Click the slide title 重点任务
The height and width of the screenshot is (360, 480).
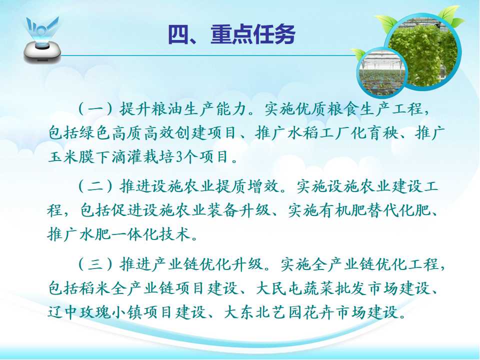tap(253, 34)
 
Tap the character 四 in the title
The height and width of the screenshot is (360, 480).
tap(178, 34)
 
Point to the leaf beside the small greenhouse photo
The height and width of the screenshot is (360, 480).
tap(357, 54)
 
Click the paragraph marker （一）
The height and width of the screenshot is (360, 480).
tap(95, 108)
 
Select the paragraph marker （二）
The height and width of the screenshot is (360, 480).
tap(95, 186)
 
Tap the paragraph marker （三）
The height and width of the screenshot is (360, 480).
tap(95, 264)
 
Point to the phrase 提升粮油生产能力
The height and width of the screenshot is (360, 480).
tap(183, 108)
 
